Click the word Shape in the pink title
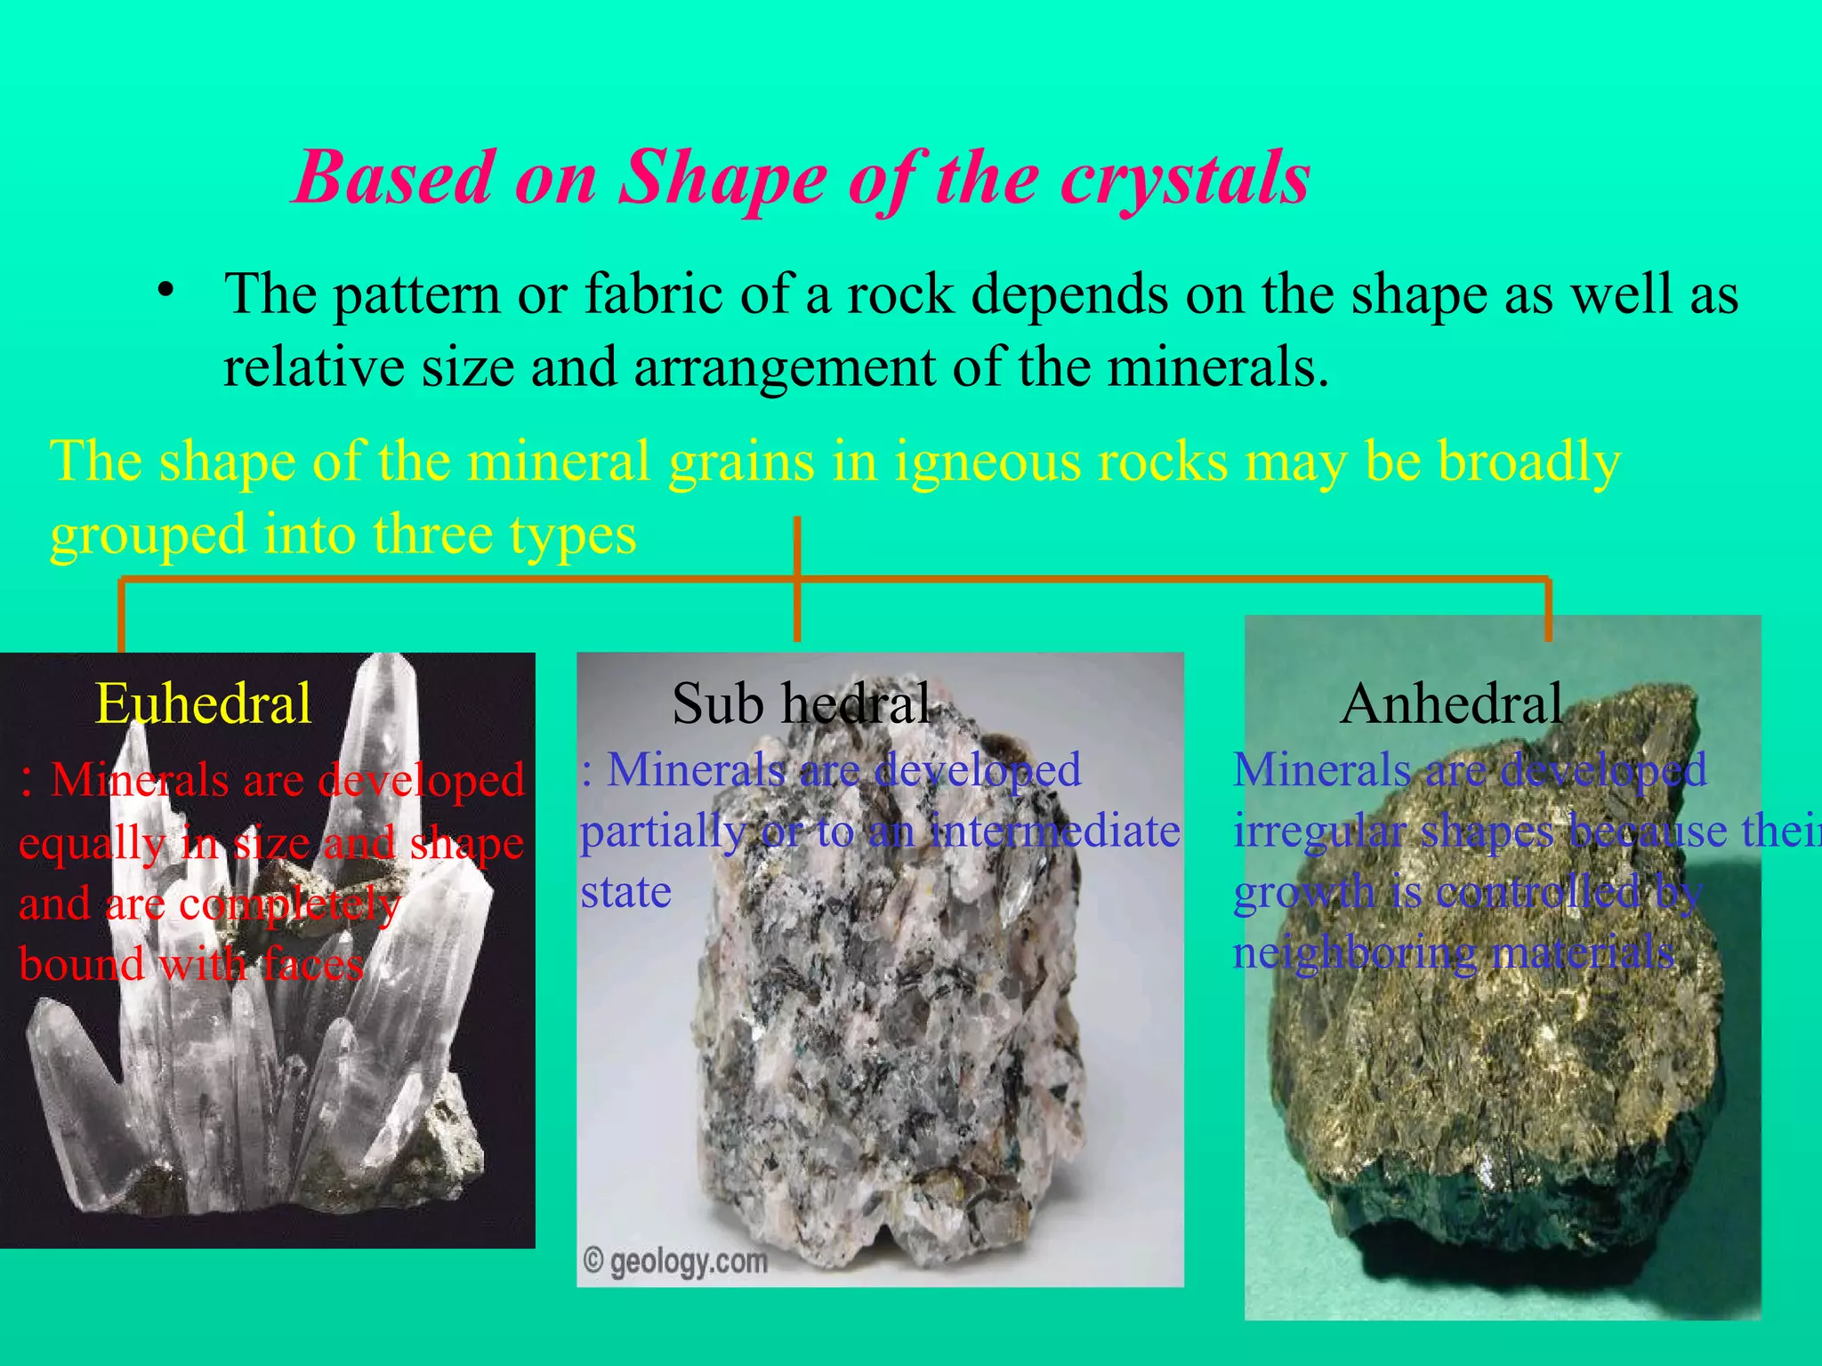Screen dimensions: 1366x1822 [x=722, y=178]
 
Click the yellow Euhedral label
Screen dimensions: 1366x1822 [x=203, y=703]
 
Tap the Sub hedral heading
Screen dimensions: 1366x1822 [x=801, y=703]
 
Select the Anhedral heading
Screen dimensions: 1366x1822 [x=1451, y=703]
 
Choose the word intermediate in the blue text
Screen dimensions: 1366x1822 [x=1055, y=832]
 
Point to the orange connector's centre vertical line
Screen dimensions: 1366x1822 [x=797, y=578]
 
